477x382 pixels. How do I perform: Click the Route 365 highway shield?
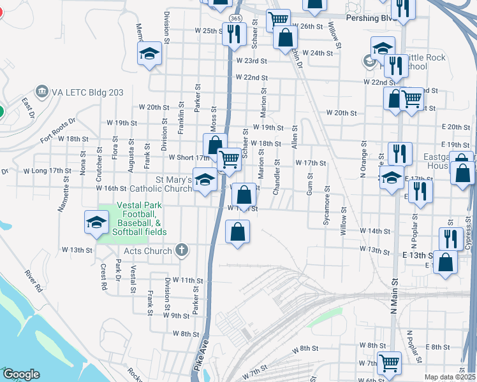point(236,18)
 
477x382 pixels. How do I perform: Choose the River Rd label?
point(34,282)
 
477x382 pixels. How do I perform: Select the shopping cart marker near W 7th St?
point(389,363)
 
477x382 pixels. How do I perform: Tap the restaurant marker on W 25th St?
point(234,33)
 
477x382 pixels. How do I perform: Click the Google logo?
point(21,374)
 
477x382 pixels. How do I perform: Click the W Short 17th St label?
point(189,157)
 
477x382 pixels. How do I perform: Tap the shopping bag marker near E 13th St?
point(445,262)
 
